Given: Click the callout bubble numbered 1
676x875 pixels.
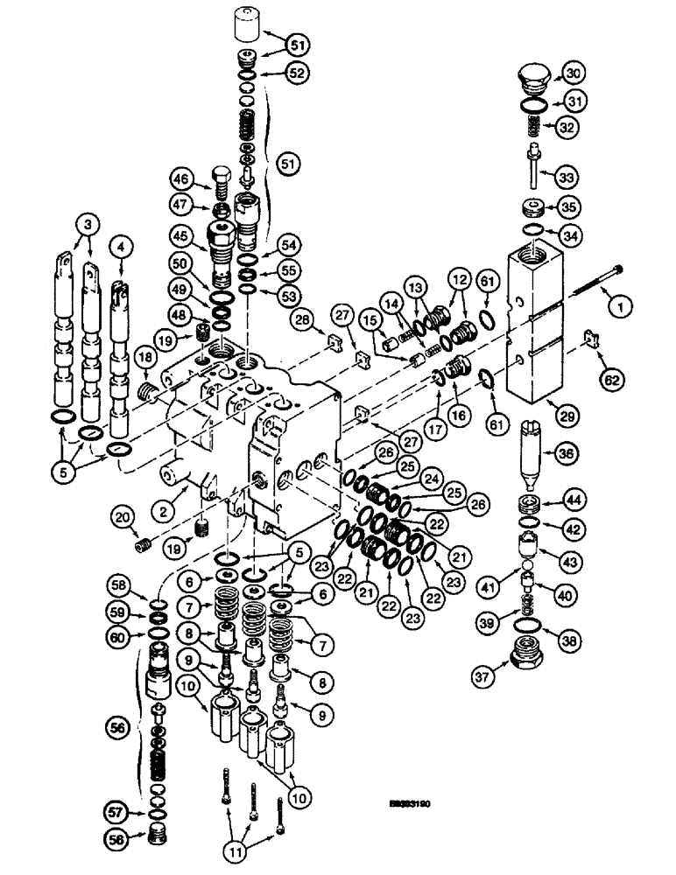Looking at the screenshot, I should (x=621, y=306).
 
